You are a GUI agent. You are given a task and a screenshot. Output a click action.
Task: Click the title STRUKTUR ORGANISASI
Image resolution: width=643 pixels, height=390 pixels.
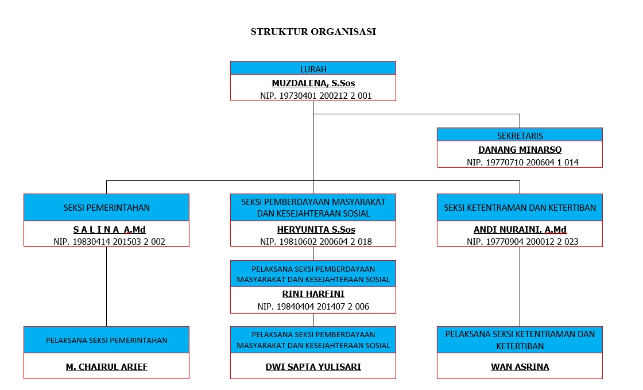click(x=313, y=32)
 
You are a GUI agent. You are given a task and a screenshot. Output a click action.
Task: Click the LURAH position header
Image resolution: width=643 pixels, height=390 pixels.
click(x=313, y=68)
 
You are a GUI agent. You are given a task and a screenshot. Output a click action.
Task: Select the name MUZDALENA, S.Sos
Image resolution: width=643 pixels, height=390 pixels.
click(x=313, y=83)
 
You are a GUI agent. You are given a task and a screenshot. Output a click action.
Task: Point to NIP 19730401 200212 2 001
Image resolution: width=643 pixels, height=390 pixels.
click(x=316, y=95)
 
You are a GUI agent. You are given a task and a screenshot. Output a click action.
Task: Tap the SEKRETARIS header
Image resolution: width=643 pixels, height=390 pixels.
click(x=520, y=135)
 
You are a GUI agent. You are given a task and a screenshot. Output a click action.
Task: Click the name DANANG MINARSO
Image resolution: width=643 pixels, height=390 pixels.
click(x=520, y=150)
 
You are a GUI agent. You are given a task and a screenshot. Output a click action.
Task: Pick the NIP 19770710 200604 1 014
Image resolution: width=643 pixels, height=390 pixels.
click(x=522, y=163)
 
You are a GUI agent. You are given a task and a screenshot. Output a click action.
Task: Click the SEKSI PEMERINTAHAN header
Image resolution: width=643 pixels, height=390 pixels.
click(x=107, y=207)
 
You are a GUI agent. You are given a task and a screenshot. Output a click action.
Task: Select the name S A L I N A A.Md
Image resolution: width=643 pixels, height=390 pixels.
click(x=110, y=230)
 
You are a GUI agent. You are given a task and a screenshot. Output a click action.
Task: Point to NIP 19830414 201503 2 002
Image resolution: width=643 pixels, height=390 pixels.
click(x=109, y=242)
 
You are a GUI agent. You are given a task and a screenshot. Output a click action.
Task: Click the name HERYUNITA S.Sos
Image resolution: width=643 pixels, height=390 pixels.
click(x=316, y=230)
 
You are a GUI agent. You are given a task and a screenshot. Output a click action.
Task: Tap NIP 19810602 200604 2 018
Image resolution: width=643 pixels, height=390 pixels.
click(x=316, y=242)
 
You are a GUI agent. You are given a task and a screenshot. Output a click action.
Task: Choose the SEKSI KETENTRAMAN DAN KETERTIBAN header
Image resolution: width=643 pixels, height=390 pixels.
click(x=520, y=207)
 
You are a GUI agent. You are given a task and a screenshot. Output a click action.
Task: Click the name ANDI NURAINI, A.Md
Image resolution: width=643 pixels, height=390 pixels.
click(x=520, y=230)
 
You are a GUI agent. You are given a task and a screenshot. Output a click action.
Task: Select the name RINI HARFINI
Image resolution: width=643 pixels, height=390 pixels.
click(x=313, y=294)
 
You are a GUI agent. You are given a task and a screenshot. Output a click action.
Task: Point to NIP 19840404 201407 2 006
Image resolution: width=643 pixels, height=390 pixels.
click(x=313, y=306)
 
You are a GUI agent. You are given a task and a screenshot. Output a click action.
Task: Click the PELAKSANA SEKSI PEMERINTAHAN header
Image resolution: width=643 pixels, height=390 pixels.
click(x=107, y=340)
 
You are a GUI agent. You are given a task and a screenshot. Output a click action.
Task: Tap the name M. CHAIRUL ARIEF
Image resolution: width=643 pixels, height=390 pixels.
click(x=107, y=367)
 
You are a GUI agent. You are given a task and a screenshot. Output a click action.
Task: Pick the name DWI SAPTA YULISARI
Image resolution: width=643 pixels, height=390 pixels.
click(x=313, y=367)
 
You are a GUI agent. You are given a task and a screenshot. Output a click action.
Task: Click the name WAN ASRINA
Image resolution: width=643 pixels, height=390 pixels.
click(x=520, y=367)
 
